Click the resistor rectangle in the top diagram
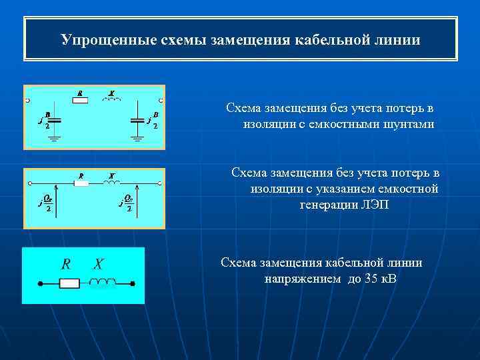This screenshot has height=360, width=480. click(80, 100)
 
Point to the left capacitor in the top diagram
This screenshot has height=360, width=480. click(55, 121)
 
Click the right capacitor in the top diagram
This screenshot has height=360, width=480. click(137, 121)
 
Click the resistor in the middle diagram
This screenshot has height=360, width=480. click(81, 183)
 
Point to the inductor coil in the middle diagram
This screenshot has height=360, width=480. click(112, 182)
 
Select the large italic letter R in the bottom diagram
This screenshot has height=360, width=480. click(66, 264)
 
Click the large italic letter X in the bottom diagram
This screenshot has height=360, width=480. click(98, 264)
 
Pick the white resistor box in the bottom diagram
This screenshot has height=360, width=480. click(69, 283)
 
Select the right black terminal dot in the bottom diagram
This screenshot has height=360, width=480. click(133, 283)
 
